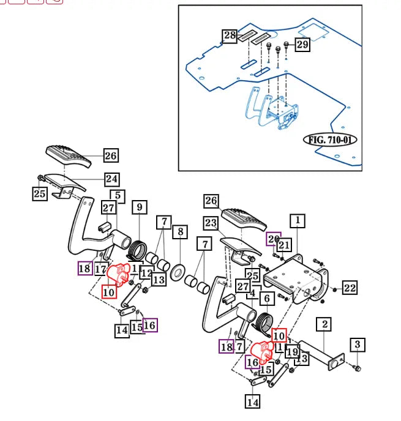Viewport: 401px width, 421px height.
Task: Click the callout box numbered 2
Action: pyautogui.click(x=323, y=324)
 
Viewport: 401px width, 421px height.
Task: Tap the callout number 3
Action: pyautogui.click(x=358, y=345)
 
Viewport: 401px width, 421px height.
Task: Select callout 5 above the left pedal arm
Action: pyautogui.click(x=118, y=196)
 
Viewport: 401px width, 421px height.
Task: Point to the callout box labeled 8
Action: pyautogui.click(x=180, y=232)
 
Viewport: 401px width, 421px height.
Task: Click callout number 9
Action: pyautogui.click(x=139, y=207)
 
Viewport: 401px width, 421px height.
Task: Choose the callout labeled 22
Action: pyautogui.click(x=350, y=288)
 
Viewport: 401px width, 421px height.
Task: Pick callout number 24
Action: pyautogui.click(x=111, y=179)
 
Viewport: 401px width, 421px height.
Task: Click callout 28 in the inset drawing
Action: pyautogui.click(x=230, y=36)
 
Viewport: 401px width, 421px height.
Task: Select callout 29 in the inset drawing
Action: pyautogui.click(x=302, y=44)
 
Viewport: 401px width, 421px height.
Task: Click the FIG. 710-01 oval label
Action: pyautogui.click(x=331, y=140)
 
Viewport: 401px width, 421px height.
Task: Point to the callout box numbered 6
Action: pyautogui.click(x=266, y=299)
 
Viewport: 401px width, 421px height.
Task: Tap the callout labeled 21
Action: pyautogui.click(x=283, y=245)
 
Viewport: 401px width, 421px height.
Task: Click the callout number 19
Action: pyautogui.click(x=292, y=351)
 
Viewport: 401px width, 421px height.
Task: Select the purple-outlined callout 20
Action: pyautogui.click(x=272, y=239)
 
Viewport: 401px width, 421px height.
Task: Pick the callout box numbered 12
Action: pyautogui.click(x=146, y=273)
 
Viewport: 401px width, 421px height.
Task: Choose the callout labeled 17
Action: pyautogui.click(x=100, y=269)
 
